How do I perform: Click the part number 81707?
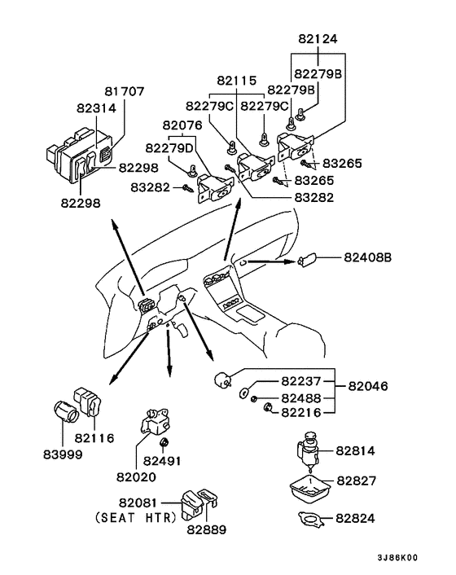click(x=125, y=91)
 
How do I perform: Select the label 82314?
click(x=96, y=108)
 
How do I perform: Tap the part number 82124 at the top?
click(x=318, y=39)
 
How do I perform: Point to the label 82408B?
click(x=368, y=257)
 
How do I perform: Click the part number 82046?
click(x=368, y=386)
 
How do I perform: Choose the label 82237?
click(x=301, y=381)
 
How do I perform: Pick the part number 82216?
click(x=301, y=413)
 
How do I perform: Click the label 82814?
click(x=355, y=450)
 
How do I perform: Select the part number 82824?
click(x=355, y=518)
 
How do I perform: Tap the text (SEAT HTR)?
click(x=136, y=517)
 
